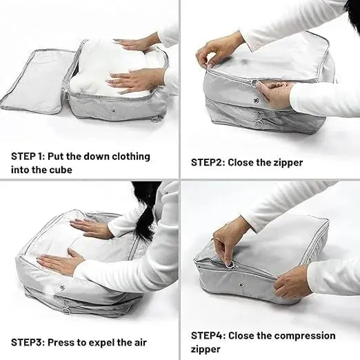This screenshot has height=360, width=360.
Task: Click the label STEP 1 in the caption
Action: pos(27,157)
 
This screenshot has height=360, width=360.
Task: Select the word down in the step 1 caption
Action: pos(96,157)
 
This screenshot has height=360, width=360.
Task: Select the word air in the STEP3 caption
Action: pos(139,342)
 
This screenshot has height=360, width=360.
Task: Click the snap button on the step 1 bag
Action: pos(113,111)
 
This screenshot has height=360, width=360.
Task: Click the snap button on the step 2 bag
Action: pos(256,100)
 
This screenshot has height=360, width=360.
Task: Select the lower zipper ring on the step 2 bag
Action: pos(258,124)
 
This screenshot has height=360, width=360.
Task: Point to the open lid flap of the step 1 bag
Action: pos(37,81)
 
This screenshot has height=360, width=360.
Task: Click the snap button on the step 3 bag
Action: pos(61,287)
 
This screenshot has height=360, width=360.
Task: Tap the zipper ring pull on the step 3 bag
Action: pos(66,311)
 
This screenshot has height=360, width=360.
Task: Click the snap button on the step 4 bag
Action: pos(241,285)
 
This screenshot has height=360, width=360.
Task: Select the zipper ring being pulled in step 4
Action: pos(230,265)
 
